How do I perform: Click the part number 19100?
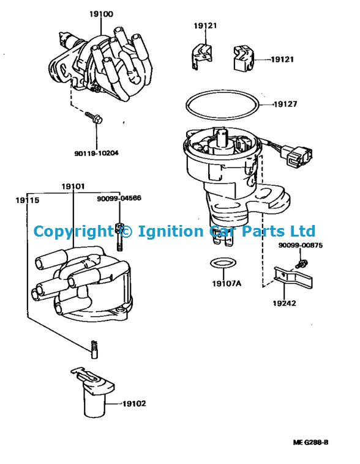pyautogui.click(x=101, y=14)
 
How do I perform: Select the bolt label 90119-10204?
pyautogui.click(x=96, y=153)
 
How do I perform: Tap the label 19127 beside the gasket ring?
pyautogui.click(x=285, y=104)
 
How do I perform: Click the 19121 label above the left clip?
pyautogui.click(x=205, y=26)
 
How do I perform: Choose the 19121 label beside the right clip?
pyautogui.click(x=282, y=59)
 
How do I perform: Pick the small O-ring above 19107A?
pyautogui.click(x=223, y=263)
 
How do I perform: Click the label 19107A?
pyautogui.click(x=227, y=284)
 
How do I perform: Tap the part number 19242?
pyautogui.click(x=284, y=303)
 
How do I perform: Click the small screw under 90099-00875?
pyautogui.click(x=301, y=263)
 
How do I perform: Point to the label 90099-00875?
pyautogui.click(x=301, y=245)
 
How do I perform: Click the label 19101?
pyautogui.click(x=73, y=186)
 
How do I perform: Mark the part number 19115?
pyautogui.click(x=28, y=201)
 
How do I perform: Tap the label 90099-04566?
pyautogui.click(x=119, y=198)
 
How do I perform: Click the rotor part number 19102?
pyautogui.click(x=134, y=403)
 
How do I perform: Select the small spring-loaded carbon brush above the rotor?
pyautogui.click(x=94, y=349)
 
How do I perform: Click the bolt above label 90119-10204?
pyautogui.click(x=94, y=117)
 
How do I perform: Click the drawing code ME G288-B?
pyautogui.click(x=311, y=443)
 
